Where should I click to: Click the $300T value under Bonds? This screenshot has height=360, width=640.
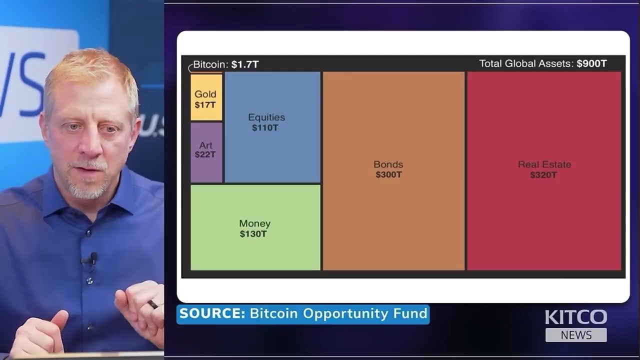point(388,174)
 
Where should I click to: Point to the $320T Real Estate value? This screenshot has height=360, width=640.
point(543,175)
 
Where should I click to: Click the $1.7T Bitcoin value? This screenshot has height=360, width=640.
point(245,64)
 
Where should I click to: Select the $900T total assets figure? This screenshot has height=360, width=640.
point(591,63)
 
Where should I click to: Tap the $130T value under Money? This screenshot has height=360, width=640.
point(253,234)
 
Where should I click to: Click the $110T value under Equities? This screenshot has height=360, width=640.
point(265,128)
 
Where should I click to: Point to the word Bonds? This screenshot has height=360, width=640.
point(388,164)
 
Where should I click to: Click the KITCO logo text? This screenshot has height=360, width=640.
point(575,317)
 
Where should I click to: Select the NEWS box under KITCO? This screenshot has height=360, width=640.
point(576,335)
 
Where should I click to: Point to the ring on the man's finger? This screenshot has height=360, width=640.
point(152,304)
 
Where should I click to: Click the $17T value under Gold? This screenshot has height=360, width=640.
point(205,105)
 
